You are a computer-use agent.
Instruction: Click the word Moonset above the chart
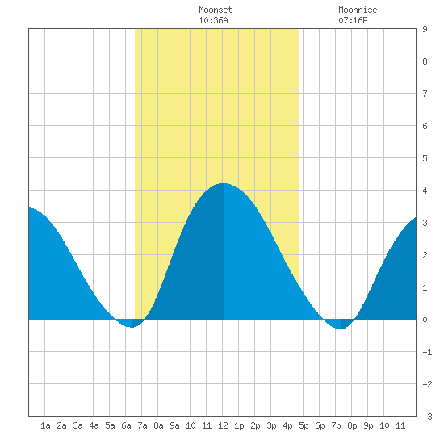(216, 10)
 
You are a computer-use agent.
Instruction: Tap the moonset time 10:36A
(213, 20)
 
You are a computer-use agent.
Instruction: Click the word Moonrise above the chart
(358, 10)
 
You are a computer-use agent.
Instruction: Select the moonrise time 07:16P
(353, 20)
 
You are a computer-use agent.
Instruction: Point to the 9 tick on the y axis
(425, 29)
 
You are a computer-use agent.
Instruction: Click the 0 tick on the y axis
(425, 320)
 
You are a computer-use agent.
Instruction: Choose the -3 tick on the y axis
(427, 417)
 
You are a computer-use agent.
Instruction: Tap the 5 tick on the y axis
(425, 158)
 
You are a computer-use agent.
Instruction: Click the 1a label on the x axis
(45, 425)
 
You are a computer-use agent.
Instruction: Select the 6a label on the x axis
(126, 425)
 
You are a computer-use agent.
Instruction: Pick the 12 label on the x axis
(223, 425)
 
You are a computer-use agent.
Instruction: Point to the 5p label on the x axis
(304, 425)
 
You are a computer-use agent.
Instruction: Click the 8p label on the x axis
(352, 425)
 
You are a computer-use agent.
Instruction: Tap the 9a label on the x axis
(174, 425)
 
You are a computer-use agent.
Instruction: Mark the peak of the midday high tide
(223, 183)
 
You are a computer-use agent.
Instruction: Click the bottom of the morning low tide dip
(132, 327)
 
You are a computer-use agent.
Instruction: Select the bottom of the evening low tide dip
(341, 329)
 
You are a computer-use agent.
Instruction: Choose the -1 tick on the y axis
(427, 352)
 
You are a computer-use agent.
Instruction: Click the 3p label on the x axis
(271, 425)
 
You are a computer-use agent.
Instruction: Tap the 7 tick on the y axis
(425, 94)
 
